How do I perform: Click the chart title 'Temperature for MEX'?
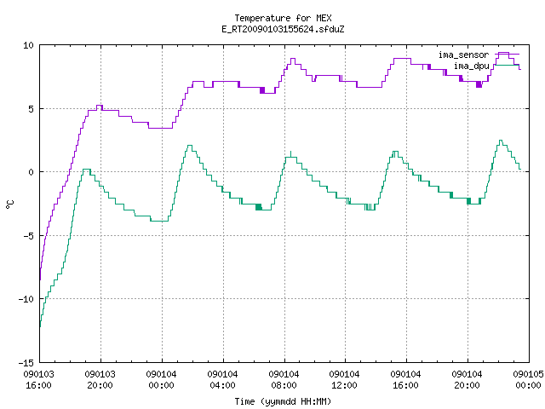pyautogui.click(x=283, y=18)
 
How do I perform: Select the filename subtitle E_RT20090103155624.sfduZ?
pyautogui.click(x=283, y=29)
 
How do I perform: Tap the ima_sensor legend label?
pyautogui.click(x=463, y=55)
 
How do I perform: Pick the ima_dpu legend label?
pyautogui.click(x=471, y=66)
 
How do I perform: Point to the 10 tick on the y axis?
pyautogui.click(x=28, y=45)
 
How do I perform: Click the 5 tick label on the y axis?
pyautogui.click(x=32, y=109)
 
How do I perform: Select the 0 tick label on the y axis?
pyautogui.click(x=32, y=172)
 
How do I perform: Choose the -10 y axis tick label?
pyautogui.click(x=26, y=299)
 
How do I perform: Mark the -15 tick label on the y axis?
pyautogui.click(x=26, y=363)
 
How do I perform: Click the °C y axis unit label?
pyautogui.click(x=9, y=204)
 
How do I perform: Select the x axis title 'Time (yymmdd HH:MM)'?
pyautogui.click(x=283, y=401)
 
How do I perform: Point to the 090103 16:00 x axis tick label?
pyautogui.click(x=39, y=380)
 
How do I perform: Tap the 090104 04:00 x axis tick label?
pyautogui.click(x=222, y=380)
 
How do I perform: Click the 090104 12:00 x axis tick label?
pyautogui.click(x=344, y=380)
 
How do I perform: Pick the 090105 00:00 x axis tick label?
pyautogui.click(x=528, y=380)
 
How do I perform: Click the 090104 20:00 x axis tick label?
pyautogui.click(x=468, y=380)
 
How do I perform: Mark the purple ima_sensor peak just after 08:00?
pyautogui.click(x=293, y=59)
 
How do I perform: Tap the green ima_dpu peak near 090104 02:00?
pyautogui.click(x=189, y=146)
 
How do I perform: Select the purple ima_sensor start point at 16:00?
pyautogui.click(x=40, y=279)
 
